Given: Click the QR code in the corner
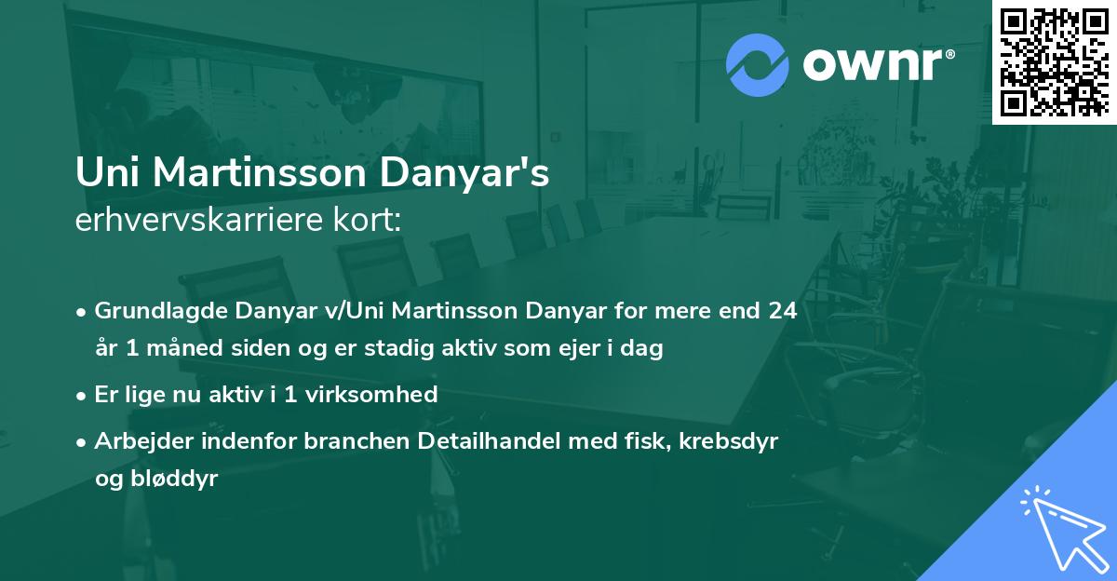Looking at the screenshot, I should coord(1054,61).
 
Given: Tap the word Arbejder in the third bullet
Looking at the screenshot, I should coord(136,440).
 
